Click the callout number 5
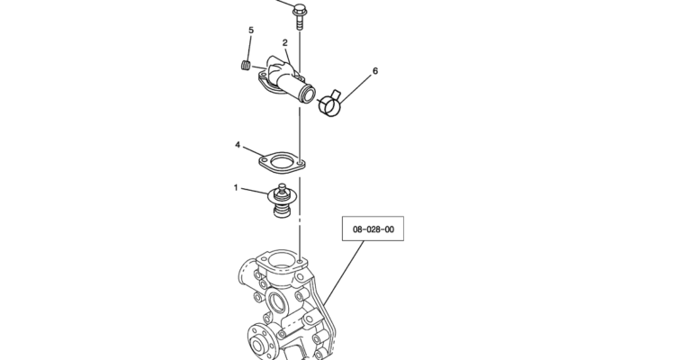[251, 30]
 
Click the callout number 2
[285, 42]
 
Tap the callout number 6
[375, 70]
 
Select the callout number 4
[238, 145]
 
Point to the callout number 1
[236, 188]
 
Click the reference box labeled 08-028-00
[373, 229]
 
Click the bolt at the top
[300, 16]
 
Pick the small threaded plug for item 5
[246, 65]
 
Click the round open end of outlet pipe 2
[308, 94]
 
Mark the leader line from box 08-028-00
[344, 273]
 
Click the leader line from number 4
[253, 151]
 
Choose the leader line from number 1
[255, 191]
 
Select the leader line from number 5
[248, 49]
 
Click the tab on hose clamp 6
[336, 94]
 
